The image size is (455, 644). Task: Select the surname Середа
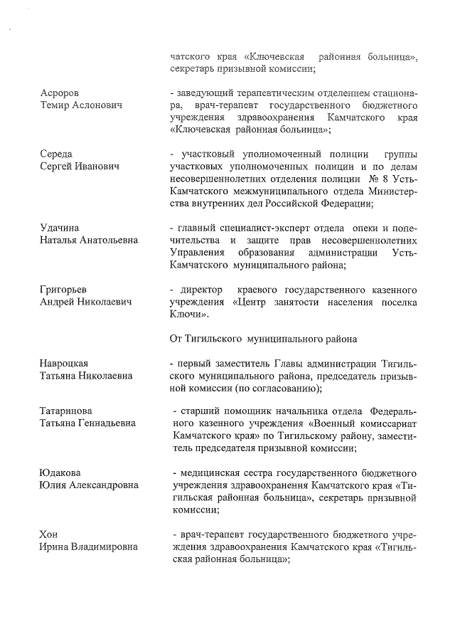56,154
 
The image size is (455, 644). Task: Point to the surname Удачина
59,228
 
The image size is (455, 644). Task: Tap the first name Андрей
58,302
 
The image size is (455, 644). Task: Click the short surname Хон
49,534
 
